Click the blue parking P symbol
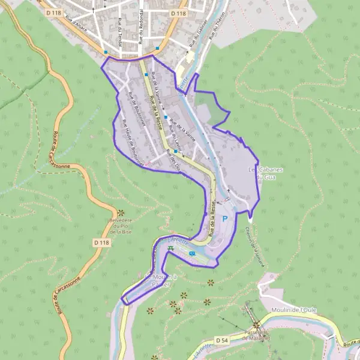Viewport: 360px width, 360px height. coord(225,219)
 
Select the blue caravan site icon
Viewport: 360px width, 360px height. coord(191,253)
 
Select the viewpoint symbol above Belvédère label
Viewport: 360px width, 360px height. coord(121,212)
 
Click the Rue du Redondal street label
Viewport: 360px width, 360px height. coord(140,25)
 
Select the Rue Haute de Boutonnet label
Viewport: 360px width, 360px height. coord(133,139)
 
